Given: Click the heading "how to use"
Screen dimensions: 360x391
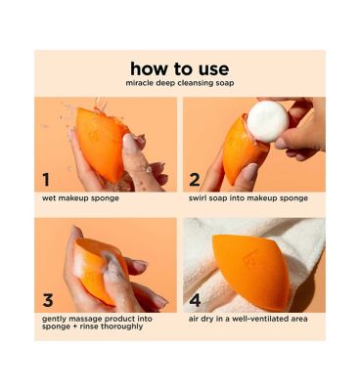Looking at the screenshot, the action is coord(180,68).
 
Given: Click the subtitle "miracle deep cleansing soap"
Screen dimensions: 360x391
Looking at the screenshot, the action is coord(180,83).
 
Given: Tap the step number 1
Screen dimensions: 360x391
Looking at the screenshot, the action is coord(46,180).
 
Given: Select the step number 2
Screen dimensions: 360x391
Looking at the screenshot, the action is coord(195,180).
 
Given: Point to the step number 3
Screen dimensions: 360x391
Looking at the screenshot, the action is coord(48,300).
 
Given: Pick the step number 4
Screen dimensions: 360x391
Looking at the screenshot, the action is coord(195,300).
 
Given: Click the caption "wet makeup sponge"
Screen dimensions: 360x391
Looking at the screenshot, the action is coord(80,198).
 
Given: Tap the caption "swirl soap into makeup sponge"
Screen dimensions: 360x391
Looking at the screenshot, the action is coord(248,198).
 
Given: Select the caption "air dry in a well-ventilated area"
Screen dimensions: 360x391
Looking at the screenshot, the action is coord(247,319).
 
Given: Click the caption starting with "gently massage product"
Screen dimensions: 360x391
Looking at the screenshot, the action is coord(97,323).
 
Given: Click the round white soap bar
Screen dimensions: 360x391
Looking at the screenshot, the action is coord(268,121).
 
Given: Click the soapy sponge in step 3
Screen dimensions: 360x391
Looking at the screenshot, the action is coord(98,271).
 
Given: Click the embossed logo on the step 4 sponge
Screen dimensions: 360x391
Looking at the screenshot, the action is coord(250,259).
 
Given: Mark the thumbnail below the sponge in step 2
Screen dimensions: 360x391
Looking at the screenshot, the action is coord(250,173).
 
